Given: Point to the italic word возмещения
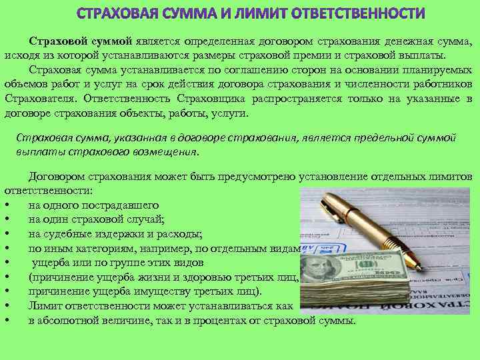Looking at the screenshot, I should tap(166, 151).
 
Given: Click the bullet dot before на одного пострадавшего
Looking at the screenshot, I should tap(6, 205).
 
